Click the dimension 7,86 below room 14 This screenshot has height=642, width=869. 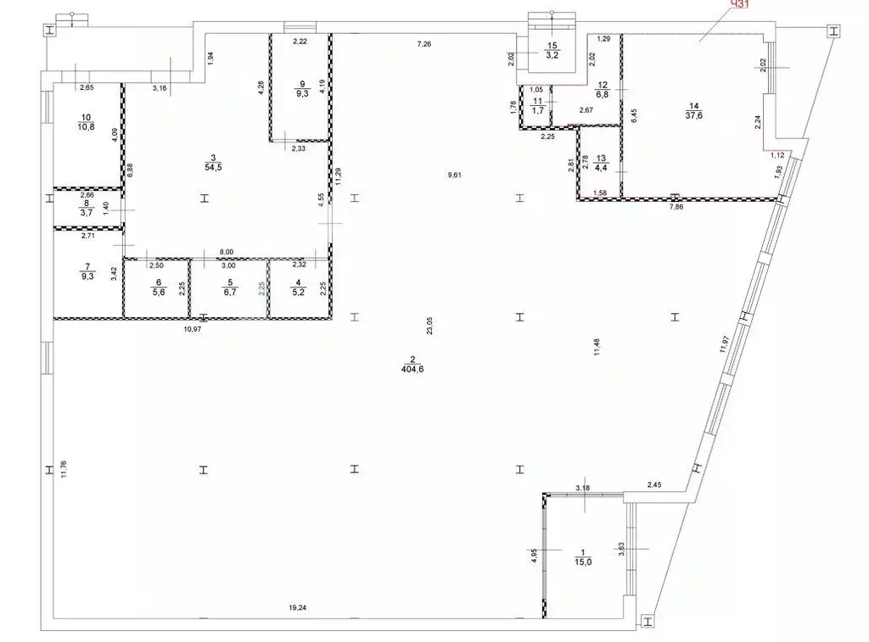(x=676, y=207)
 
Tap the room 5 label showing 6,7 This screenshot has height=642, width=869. (x=227, y=290)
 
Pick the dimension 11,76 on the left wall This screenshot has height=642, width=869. (x=63, y=469)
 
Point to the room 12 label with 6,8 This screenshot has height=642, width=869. (x=603, y=90)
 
